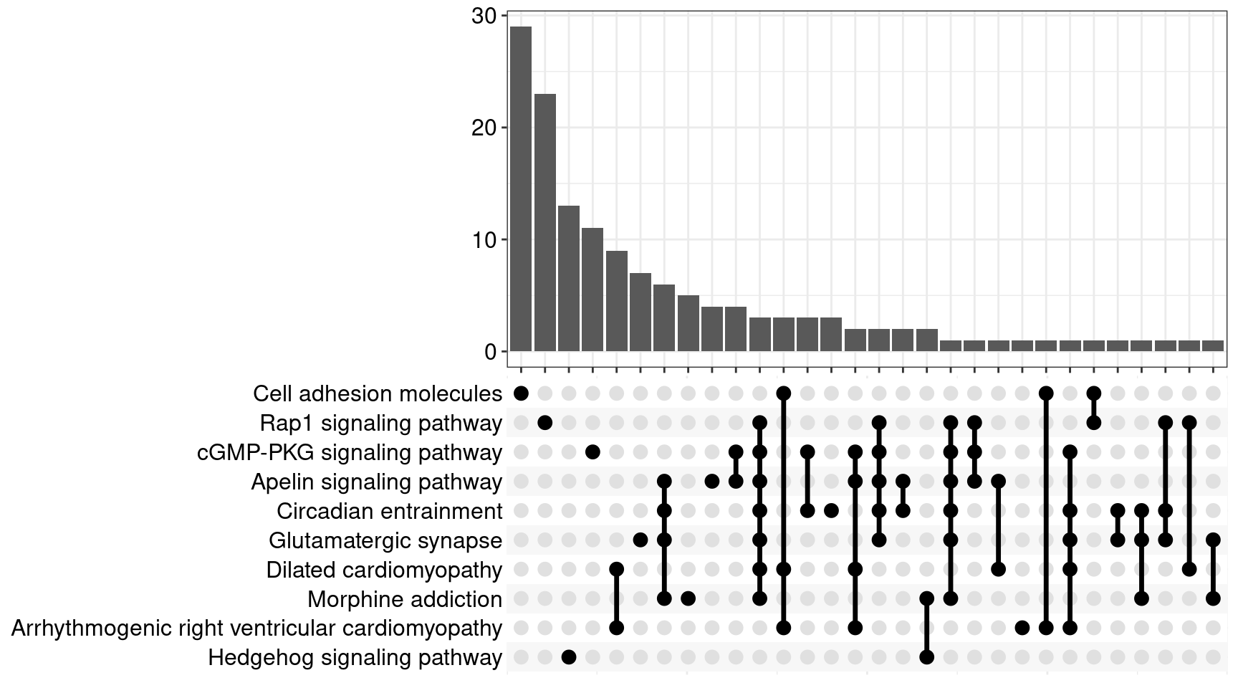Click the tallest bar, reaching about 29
[x=521, y=188]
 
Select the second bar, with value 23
[x=544, y=222]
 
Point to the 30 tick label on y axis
[x=484, y=16]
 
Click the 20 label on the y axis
[x=484, y=128]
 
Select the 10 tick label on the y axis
[x=484, y=239]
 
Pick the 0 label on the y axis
[x=491, y=351]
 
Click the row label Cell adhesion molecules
[x=377, y=393]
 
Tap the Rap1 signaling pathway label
[x=380, y=423]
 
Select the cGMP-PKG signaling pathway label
[x=349, y=452]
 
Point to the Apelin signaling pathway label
[x=376, y=482]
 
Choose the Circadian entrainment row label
[x=389, y=511]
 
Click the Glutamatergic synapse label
[x=385, y=540]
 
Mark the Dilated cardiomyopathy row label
[x=384, y=570]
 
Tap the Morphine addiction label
[x=404, y=599]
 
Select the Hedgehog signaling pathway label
[x=355, y=657]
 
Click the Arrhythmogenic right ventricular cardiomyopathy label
[x=256, y=629]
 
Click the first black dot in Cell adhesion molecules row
[x=521, y=393]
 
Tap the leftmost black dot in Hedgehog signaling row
[x=569, y=657]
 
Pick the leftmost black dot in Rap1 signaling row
[x=544, y=423]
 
